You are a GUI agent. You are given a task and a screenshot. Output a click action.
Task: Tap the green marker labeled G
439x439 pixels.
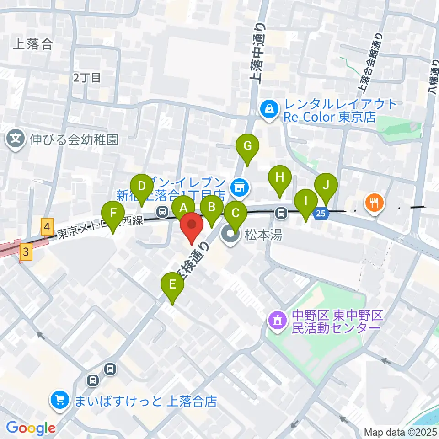(x=247, y=146)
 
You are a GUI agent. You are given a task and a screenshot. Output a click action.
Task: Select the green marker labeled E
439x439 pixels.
(x=172, y=285)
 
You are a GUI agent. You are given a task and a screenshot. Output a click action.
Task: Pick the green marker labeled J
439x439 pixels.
(x=326, y=185)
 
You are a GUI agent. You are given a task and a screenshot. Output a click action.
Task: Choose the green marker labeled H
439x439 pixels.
(x=280, y=177)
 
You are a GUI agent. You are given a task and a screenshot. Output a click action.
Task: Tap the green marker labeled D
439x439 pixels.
(x=141, y=186)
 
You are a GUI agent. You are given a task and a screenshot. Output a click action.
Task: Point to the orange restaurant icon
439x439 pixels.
(x=375, y=202)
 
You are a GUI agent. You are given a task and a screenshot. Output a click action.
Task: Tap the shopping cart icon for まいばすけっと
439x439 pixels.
(x=60, y=401)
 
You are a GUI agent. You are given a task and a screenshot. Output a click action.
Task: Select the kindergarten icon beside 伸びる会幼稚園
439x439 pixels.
(x=16, y=138)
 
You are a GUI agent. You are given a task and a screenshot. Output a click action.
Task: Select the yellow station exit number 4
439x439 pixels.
(x=46, y=227)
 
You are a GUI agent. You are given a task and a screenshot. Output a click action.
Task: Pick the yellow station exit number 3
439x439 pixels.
(x=27, y=252)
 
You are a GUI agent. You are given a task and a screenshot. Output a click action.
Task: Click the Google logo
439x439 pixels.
(x=31, y=428)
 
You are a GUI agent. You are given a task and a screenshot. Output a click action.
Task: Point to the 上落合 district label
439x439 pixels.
(x=33, y=44)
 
